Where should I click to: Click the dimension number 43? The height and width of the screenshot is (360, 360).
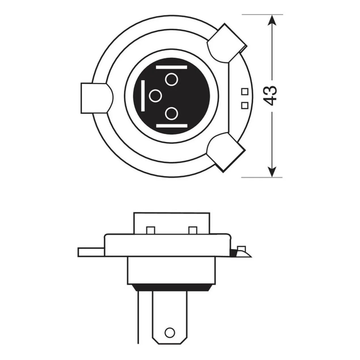pos(270,96)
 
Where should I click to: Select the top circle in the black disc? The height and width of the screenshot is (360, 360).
pos(171,79)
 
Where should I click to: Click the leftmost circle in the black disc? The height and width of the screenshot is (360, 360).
pos(155,96)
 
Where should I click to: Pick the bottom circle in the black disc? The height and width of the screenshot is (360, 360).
pos(171,114)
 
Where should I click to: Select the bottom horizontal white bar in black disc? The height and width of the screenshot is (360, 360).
pos(171,126)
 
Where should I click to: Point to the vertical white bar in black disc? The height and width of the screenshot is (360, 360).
pos(143,96)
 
